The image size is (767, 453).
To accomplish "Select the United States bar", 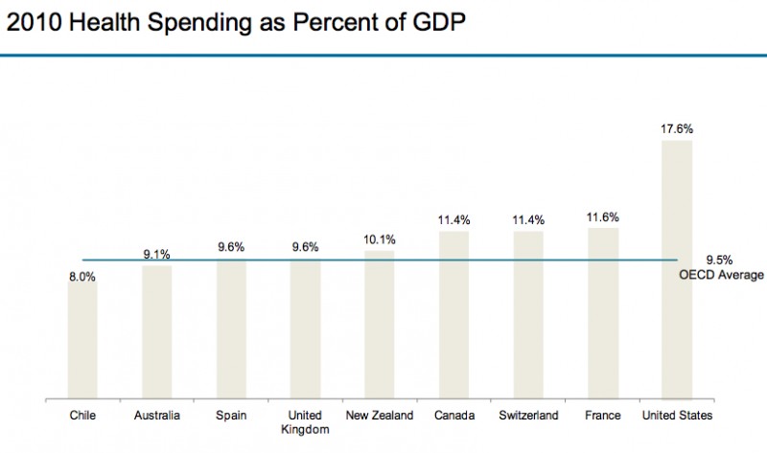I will click(x=677, y=269).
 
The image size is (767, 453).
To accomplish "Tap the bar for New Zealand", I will click(x=380, y=325).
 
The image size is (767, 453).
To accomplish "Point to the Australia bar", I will click(x=157, y=331).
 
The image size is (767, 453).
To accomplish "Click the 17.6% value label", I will click(x=677, y=127).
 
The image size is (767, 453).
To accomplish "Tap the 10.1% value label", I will click(x=380, y=239).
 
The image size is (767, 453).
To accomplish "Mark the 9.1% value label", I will click(x=157, y=254).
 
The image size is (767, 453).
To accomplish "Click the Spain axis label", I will click(x=231, y=416).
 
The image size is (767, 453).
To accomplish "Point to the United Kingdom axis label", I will click(x=305, y=422).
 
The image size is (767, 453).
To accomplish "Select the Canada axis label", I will click(x=454, y=416).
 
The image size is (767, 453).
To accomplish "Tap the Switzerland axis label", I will click(x=528, y=416).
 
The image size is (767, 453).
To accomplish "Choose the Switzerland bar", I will click(x=528, y=315).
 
